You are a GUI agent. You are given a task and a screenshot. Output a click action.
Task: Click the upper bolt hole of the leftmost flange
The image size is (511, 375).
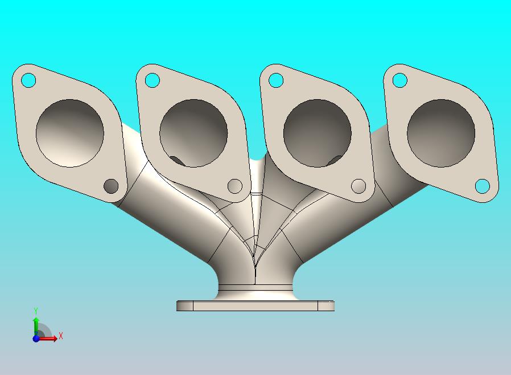pyautogui.click(x=28, y=80)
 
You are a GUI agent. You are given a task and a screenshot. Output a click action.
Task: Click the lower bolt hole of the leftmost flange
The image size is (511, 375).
pyautogui.click(x=111, y=186)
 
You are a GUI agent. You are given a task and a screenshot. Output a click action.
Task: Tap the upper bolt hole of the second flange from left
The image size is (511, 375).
pyautogui.click(x=152, y=80)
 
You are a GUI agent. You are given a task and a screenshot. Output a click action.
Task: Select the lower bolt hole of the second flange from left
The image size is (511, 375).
pyautogui.click(x=235, y=186)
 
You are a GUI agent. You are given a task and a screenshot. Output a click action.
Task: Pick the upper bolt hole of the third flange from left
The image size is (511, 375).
pyautogui.click(x=276, y=80)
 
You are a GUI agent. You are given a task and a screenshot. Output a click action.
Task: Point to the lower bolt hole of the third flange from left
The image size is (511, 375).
pyautogui.click(x=359, y=186)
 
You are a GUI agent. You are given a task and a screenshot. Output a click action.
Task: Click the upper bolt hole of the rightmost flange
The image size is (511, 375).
pyautogui.click(x=400, y=80)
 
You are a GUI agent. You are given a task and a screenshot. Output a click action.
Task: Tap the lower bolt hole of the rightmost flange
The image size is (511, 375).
pyautogui.click(x=483, y=186)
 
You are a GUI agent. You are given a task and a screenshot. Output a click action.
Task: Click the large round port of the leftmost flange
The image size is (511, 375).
pyautogui.click(x=70, y=133)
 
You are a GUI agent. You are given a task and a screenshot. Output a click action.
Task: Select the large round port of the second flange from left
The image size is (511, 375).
pyautogui.click(x=193, y=133)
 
